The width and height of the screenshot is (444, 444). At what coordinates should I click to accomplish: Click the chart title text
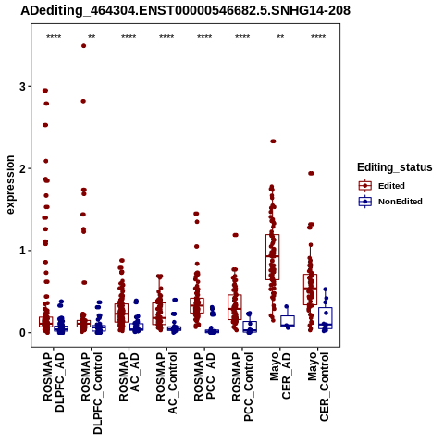[x=185, y=11]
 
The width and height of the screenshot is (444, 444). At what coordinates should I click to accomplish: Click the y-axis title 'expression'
[x=10, y=185]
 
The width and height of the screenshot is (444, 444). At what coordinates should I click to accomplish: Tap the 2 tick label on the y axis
[x=22, y=168]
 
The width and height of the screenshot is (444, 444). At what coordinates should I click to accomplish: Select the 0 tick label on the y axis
[x=22, y=333]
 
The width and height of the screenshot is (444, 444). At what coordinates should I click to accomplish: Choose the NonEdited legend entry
[x=390, y=202]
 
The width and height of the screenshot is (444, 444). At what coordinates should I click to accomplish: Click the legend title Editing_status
[x=395, y=167]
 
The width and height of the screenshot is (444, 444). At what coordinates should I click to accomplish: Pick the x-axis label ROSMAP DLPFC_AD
[x=54, y=382]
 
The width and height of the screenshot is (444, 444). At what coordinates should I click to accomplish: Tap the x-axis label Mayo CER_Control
[x=318, y=387]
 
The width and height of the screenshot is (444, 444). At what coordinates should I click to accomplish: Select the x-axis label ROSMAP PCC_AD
[x=204, y=376]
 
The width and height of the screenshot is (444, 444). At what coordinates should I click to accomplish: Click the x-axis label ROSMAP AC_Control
[x=166, y=383]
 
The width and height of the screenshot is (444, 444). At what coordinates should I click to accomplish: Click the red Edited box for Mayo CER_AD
[x=273, y=257]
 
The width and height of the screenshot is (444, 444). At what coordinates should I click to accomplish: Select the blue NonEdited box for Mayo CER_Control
[x=326, y=318]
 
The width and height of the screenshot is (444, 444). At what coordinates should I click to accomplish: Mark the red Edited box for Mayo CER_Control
[x=310, y=290]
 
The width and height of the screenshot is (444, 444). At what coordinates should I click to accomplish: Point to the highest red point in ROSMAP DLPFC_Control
[x=83, y=46]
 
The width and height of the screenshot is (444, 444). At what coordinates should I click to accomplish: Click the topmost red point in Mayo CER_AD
[x=273, y=142]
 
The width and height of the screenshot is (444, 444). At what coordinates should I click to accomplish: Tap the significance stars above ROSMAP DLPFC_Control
[x=92, y=37]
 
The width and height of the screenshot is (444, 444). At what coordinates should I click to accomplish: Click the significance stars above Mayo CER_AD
[x=280, y=37]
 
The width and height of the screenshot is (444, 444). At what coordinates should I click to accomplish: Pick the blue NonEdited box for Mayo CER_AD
[x=288, y=321]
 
